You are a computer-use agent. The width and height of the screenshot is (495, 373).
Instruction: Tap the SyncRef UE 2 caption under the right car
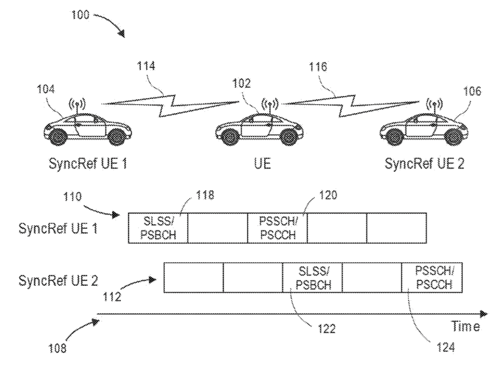424,164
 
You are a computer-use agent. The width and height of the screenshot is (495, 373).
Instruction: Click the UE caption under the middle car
259,164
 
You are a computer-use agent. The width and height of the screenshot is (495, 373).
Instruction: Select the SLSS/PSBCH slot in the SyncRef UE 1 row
158,227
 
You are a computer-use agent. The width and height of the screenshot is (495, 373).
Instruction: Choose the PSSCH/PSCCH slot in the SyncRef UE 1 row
277,227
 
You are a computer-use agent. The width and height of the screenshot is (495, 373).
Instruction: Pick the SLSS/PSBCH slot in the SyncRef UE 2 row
312,278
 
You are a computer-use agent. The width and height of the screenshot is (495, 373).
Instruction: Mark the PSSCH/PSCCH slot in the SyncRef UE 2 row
432,278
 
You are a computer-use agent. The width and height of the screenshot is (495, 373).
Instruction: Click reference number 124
443,347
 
